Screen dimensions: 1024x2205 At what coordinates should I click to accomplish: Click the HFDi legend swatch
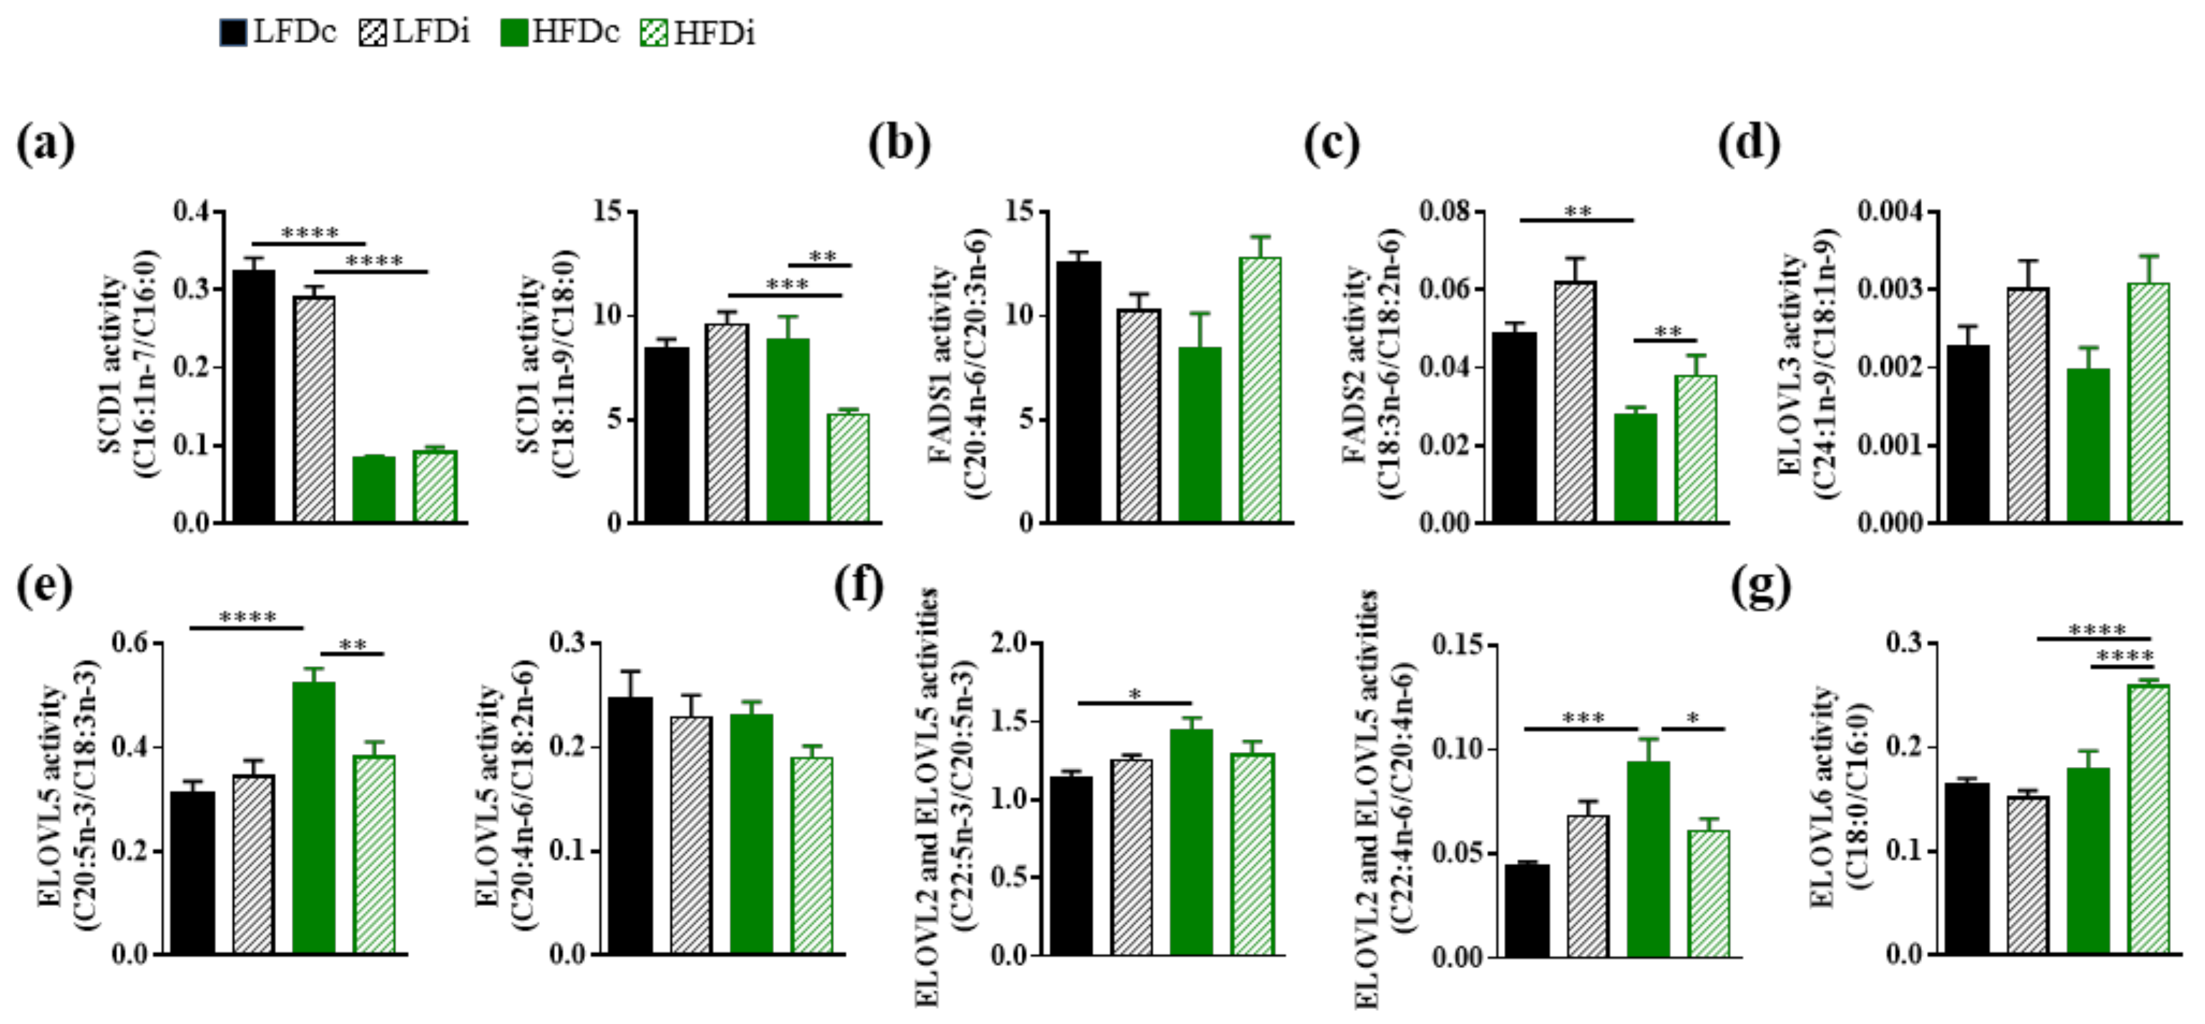click(654, 33)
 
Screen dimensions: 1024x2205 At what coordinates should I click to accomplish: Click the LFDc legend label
click(295, 33)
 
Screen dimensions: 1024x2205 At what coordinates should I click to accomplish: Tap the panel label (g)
click(1760, 588)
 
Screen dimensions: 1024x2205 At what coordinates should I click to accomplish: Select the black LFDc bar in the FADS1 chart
click(1079, 392)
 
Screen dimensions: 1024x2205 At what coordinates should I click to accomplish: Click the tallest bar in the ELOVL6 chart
click(2148, 817)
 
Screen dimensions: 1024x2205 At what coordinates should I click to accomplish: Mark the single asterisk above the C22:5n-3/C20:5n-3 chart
click(1135, 694)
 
